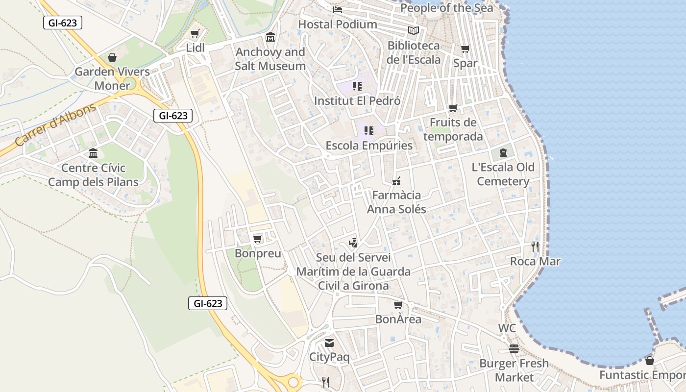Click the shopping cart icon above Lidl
[195, 34]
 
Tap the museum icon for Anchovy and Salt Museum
[270, 37]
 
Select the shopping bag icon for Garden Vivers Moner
[112, 57]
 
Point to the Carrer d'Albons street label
[55, 125]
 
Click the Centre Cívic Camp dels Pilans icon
[93, 153]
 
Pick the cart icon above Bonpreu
[258, 239]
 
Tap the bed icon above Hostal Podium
[338, 9]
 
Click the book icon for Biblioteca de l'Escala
[414, 31]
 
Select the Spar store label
[465, 63]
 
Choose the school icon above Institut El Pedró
[357, 86]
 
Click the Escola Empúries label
[369, 146]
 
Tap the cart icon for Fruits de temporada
[453, 108]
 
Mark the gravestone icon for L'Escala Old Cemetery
[503, 153]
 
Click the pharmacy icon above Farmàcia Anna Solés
[396, 181]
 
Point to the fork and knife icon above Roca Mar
[535, 247]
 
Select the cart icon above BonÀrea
[398, 305]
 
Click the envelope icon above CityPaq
[329, 343]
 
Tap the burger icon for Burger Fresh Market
[514, 349]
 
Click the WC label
[507, 328]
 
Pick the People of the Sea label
[447, 8]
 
